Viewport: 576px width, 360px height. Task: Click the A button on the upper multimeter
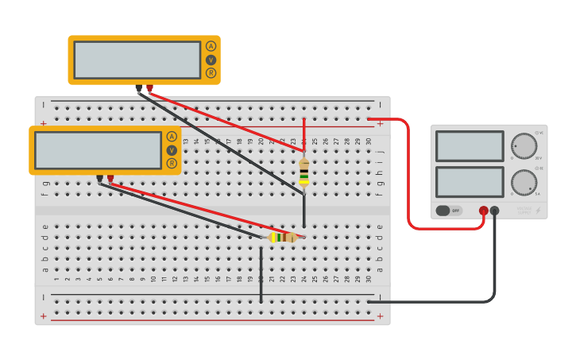pyautogui.click(x=211, y=46)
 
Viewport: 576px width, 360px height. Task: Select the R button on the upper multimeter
pyautogui.click(x=211, y=73)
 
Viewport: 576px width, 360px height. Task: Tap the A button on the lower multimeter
pyautogui.click(x=172, y=137)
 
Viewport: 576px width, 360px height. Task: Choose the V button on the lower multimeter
pyautogui.click(x=172, y=150)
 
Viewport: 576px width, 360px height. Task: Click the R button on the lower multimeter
pyautogui.click(x=172, y=164)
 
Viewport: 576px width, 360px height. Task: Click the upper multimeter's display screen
pyautogui.click(x=137, y=60)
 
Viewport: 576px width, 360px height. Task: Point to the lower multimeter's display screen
pyautogui.click(x=98, y=150)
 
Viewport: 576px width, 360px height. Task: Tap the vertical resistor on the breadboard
pyautogui.click(x=303, y=172)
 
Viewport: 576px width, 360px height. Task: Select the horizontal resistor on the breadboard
pyautogui.click(x=282, y=237)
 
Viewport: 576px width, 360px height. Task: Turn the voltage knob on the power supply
pyautogui.click(x=524, y=146)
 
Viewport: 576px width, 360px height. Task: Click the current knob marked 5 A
pyautogui.click(x=524, y=182)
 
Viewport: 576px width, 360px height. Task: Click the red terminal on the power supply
pyautogui.click(x=483, y=211)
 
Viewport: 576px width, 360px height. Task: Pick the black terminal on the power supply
pyautogui.click(x=494, y=211)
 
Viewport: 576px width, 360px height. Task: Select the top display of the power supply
pyautogui.click(x=470, y=146)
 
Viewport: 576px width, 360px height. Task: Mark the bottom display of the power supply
pyautogui.click(x=470, y=182)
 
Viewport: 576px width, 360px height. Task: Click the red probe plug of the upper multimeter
pyautogui.click(x=149, y=88)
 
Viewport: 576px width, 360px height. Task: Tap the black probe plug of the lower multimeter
pyautogui.click(x=99, y=179)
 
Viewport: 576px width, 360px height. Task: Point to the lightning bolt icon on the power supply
pyautogui.click(x=539, y=211)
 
